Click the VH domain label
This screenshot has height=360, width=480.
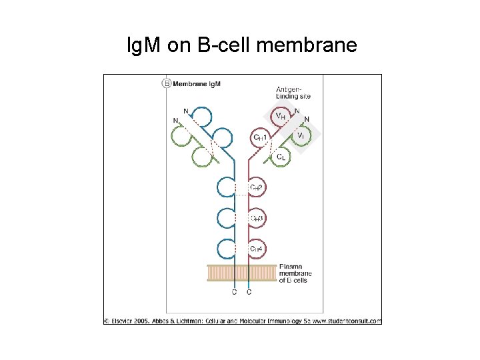coord(281,117)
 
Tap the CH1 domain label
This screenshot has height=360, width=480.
coord(260,137)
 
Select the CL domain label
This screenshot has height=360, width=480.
coord(282,157)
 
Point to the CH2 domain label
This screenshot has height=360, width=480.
coord(257,188)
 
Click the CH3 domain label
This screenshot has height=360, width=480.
coord(257,219)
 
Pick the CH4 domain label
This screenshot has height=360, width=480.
coord(257,249)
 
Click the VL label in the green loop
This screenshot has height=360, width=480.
coord(301,137)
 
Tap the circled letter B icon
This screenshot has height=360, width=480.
coord(166,83)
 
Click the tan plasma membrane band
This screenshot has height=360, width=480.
coord(241,273)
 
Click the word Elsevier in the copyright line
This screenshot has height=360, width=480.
coord(125,321)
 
